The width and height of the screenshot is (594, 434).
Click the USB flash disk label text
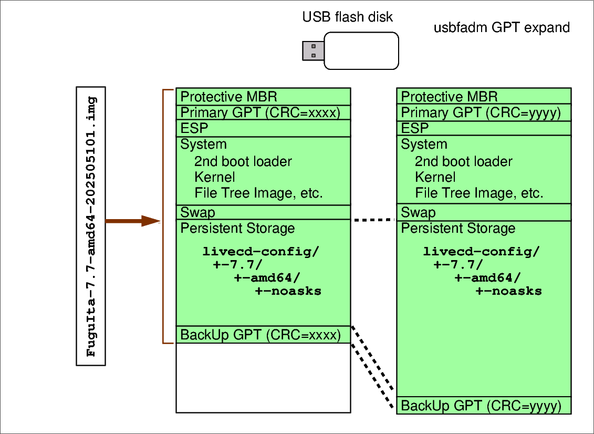coord(347,17)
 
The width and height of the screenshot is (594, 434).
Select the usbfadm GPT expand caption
coord(501,28)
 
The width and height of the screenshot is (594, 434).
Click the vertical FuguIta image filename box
coord(91,226)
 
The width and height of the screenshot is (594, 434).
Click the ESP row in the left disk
coord(263,128)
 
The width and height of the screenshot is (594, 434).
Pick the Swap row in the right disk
coord(484,212)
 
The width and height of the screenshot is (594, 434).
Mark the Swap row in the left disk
coord(263,212)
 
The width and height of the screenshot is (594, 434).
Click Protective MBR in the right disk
coord(449,97)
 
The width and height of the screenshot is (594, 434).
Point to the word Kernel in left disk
coord(214,177)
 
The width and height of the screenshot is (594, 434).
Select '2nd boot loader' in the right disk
coord(463,161)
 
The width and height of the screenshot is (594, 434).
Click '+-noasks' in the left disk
coord(288,291)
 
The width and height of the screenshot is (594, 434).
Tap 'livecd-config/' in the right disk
coord(481,251)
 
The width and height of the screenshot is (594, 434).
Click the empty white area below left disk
coord(263,378)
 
